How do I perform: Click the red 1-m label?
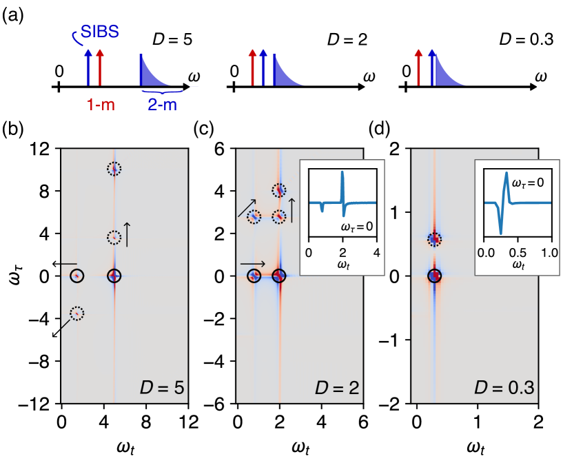tap(101, 105)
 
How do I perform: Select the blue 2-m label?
tap(162, 105)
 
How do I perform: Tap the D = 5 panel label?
tap(159, 388)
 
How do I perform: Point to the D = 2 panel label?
tap(336, 388)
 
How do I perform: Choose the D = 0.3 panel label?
tap(504, 388)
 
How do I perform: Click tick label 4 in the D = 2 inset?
tap(376, 251)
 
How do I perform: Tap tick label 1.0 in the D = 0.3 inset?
tap(550, 251)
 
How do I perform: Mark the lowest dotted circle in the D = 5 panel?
tap(76, 313)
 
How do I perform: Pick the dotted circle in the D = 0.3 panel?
tap(434, 239)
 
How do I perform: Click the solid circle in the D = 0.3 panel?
tap(434, 276)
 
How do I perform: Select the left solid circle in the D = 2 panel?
tap(254, 276)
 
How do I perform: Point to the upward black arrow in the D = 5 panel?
tap(125, 234)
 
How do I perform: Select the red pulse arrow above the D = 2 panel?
tap(252, 67)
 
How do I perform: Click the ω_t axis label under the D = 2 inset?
tap(343, 265)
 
